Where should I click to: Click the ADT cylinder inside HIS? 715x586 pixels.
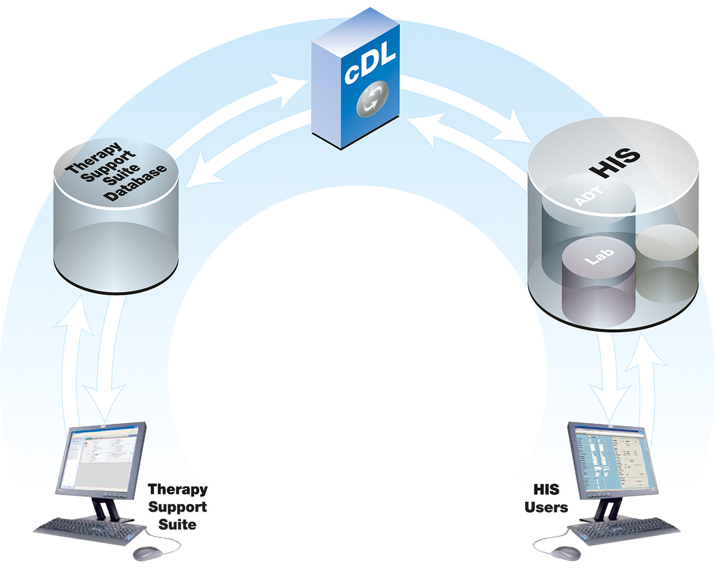[588, 199]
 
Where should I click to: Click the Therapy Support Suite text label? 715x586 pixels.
[178, 506]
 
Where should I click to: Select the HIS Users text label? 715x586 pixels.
[546, 498]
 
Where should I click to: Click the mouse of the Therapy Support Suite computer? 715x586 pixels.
[147, 553]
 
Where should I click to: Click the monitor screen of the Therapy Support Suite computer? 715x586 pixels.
[102, 454]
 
